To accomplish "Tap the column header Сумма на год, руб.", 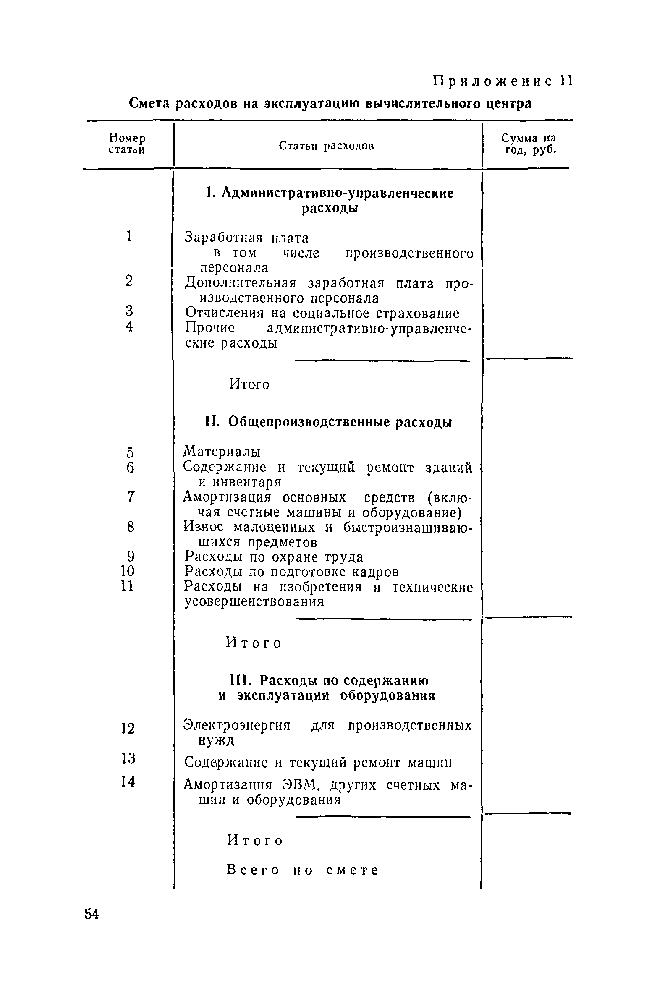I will click(528, 144).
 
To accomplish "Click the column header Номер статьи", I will click(127, 144).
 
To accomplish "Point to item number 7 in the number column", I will click(131, 496).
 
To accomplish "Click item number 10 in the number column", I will click(127, 571).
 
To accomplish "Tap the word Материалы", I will click(222, 452).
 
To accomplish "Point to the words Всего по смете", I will click(302, 870).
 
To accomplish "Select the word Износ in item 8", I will click(204, 526).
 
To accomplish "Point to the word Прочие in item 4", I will click(210, 328).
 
